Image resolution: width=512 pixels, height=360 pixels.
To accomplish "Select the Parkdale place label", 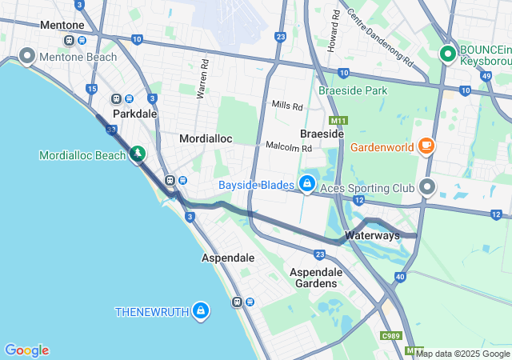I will pyautogui.click(x=134, y=114).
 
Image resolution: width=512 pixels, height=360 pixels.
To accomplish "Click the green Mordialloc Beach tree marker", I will pyautogui.click(x=138, y=152).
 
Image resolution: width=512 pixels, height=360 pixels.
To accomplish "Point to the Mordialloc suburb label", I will pyautogui.click(x=206, y=138).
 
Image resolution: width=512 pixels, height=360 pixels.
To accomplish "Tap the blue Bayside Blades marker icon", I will pyautogui.click(x=306, y=185).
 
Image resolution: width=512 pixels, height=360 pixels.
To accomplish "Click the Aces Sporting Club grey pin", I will pyautogui.click(x=427, y=187).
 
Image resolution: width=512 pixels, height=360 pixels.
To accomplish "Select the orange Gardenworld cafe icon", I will pyautogui.click(x=426, y=146).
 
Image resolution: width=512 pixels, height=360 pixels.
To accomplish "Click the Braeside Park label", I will pyautogui.click(x=353, y=90).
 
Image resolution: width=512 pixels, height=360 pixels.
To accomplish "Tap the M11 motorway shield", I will pyautogui.click(x=339, y=121).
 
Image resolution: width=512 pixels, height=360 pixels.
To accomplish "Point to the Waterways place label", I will pyautogui.click(x=372, y=236).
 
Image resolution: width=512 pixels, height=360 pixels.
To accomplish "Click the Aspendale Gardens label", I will pyautogui.click(x=316, y=278).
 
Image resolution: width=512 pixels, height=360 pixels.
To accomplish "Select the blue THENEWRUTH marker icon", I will pyautogui.click(x=200, y=310).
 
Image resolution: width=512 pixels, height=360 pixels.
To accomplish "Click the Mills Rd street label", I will pyautogui.click(x=287, y=106).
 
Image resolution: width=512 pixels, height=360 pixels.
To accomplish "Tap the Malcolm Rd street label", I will pyautogui.click(x=288, y=147).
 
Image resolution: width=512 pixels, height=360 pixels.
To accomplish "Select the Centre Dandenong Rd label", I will pyautogui.click(x=381, y=38).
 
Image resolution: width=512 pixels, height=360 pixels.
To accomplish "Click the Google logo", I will pyautogui.click(x=26, y=350).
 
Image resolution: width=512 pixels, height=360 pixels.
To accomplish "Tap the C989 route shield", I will pyautogui.click(x=391, y=335).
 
